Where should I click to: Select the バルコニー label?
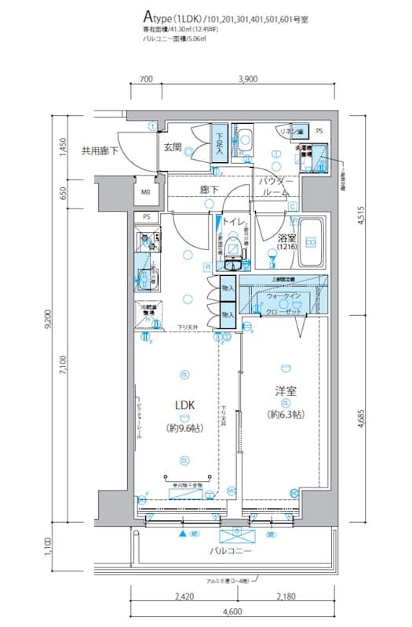(x=229, y=551)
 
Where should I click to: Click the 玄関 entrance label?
(x=173, y=147)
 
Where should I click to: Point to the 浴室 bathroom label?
(x=285, y=239)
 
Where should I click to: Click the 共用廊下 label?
(x=100, y=150)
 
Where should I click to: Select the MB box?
(x=145, y=191)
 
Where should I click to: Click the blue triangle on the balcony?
(x=184, y=535)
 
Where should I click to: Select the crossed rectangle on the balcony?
(x=235, y=536)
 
